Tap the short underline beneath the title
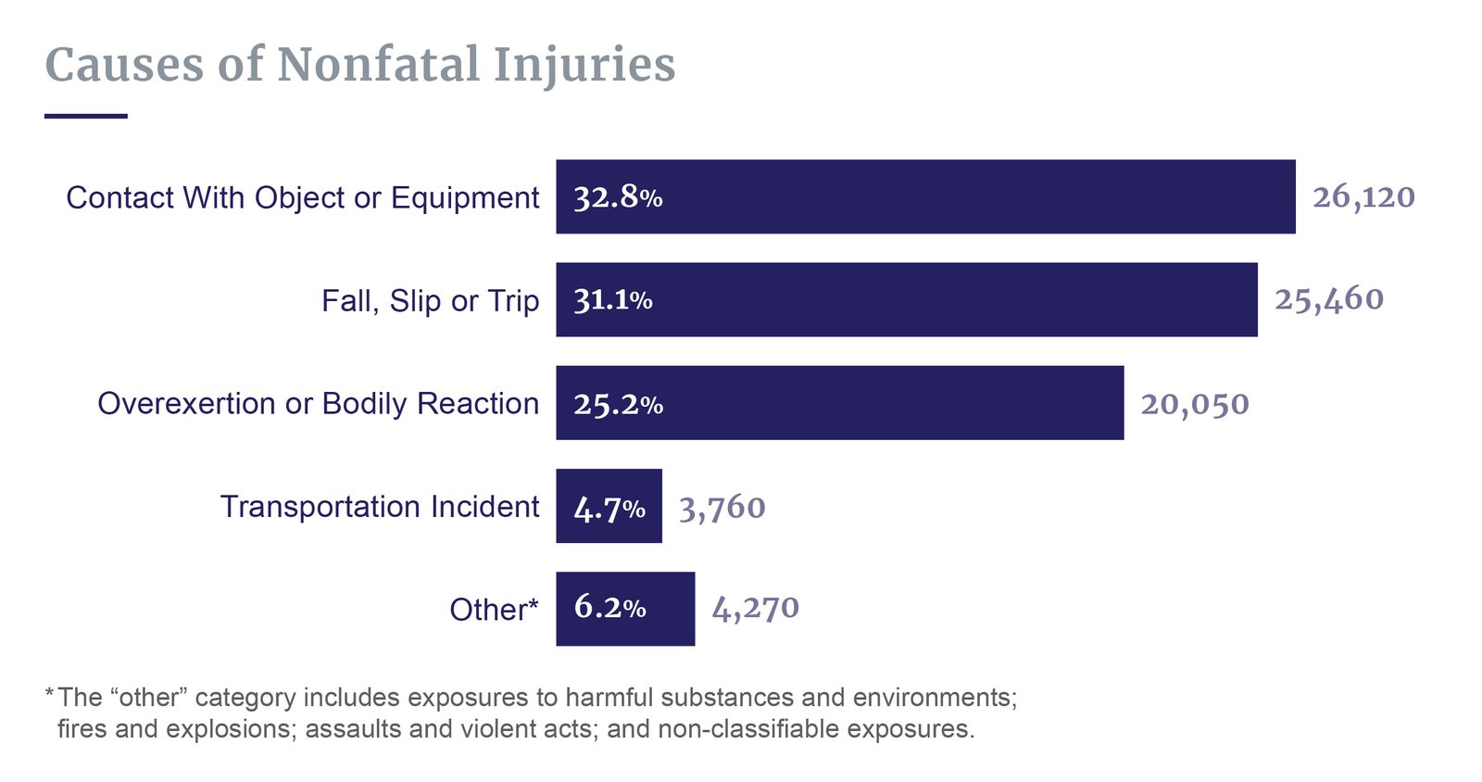pyautogui.click(x=85, y=116)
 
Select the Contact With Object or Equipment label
pyautogui.click(x=302, y=197)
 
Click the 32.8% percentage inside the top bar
pyautogui.click(x=618, y=197)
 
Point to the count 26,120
pyautogui.click(x=1363, y=196)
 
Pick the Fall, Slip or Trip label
pyautogui.click(x=430, y=300)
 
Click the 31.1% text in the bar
pyautogui.click(x=612, y=300)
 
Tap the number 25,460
pyautogui.click(x=1328, y=299)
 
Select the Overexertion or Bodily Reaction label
pyautogui.click(x=318, y=403)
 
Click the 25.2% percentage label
pyautogui.click(x=618, y=404)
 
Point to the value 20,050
pyautogui.click(x=1194, y=404)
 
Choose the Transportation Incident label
pyautogui.click(x=379, y=506)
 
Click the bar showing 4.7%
pyautogui.click(x=609, y=507)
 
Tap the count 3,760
pyautogui.click(x=722, y=508)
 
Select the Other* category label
pyautogui.click(x=493, y=609)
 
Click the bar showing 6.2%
pyautogui.click(x=625, y=608)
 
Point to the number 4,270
pyautogui.click(x=755, y=608)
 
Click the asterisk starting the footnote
pyautogui.click(x=49, y=693)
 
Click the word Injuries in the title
pyautogui.click(x=584, y=65)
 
